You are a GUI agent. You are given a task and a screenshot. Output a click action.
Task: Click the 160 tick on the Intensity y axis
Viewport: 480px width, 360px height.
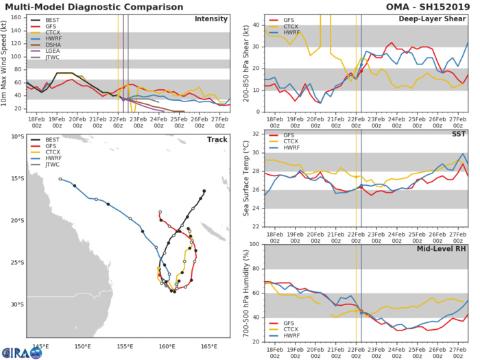(16, 17)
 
